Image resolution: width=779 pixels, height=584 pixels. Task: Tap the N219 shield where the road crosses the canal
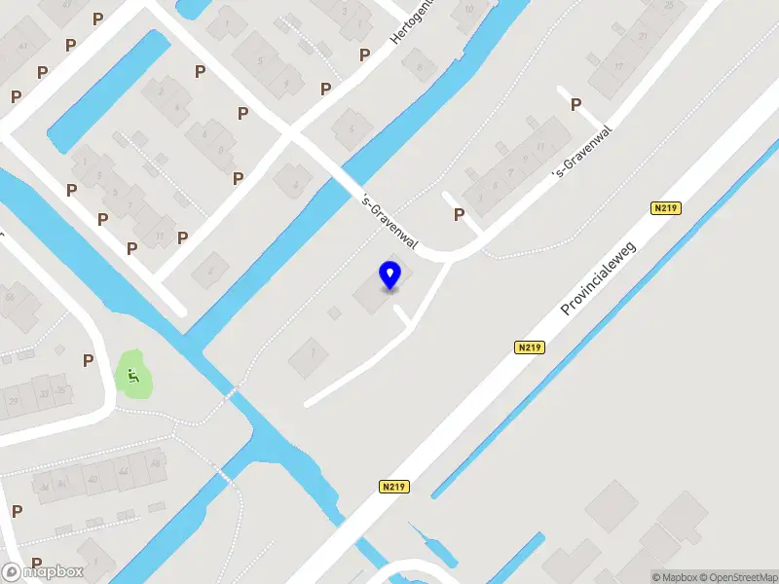pos(394,486)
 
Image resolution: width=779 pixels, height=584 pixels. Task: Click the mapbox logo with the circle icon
pos(43,571)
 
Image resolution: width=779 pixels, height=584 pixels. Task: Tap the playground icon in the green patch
pos(133,374)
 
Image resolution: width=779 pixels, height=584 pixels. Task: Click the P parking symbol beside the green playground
pos(89,361)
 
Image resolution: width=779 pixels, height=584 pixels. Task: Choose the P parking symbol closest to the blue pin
pos(459,214)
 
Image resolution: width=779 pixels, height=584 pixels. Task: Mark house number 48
pos(156,463)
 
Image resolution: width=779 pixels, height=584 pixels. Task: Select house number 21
pos(642,36)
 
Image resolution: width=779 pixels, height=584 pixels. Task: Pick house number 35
pos(60,391)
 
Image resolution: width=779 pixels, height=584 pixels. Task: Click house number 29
pos(14,400)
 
